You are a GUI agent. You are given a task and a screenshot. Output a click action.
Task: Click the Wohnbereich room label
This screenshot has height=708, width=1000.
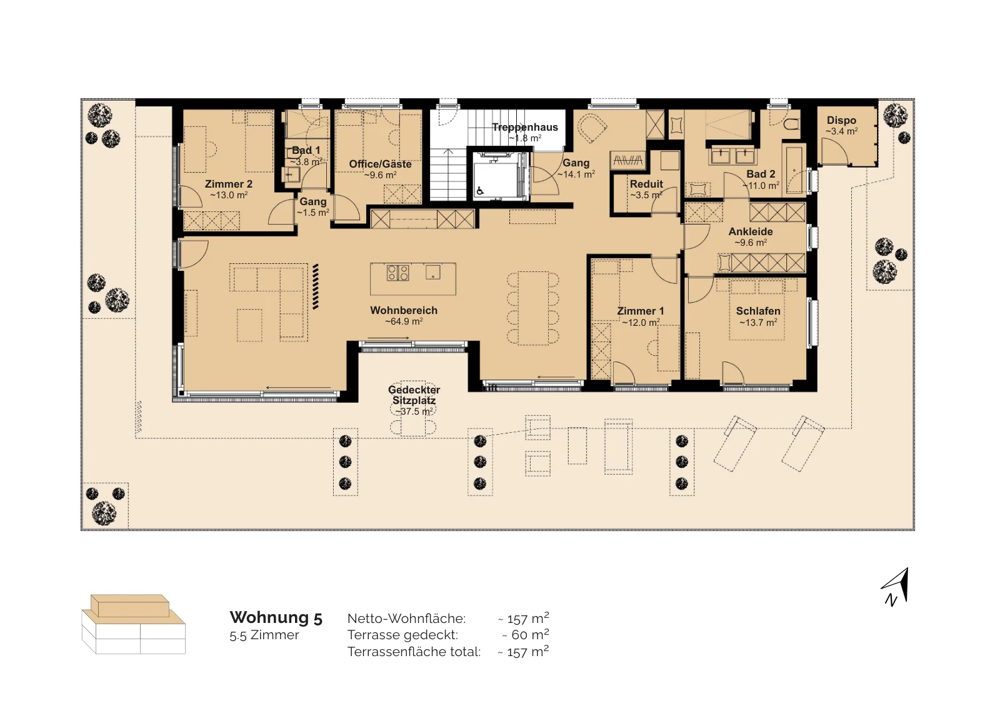pos(404,310)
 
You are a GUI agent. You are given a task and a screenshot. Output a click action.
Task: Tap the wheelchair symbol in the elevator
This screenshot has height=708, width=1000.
pos(480,191)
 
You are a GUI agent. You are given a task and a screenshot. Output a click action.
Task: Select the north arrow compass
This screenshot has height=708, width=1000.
pos(896,587)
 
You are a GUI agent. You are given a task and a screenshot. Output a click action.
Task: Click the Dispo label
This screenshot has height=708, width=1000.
pos(841,120)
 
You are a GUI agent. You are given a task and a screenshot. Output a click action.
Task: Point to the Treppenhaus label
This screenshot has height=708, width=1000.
pos(525,128)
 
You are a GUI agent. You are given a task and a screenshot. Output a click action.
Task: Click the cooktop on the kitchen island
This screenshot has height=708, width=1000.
pos(397,273)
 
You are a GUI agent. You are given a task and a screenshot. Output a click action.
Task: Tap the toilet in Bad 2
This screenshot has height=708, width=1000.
pos(792,124)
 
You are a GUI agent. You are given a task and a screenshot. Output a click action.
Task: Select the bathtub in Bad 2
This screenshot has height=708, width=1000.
pos(794,168)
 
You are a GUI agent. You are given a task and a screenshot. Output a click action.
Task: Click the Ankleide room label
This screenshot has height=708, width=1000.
pos(751,231)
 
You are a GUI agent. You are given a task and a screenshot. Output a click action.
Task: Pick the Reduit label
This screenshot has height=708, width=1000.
pos(646,184)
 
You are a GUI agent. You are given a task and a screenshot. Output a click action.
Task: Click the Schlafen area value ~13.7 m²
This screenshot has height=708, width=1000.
pos(758,323)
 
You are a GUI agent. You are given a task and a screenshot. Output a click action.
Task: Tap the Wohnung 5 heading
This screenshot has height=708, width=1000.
pos(276,617)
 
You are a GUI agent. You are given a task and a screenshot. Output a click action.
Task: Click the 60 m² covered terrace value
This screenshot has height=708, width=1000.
pos(525,634)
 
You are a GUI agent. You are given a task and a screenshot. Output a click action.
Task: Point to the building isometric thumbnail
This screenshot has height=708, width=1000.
pos(134,624)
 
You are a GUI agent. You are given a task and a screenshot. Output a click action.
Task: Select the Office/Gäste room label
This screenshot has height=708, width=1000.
pos(380,164)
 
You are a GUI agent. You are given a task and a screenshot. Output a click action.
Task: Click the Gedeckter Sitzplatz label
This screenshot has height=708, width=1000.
pos(414,395)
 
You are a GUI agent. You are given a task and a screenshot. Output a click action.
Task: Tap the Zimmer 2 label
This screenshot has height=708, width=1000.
pos(229,184)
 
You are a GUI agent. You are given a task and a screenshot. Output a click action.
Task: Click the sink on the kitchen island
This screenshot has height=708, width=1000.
pos(432,272)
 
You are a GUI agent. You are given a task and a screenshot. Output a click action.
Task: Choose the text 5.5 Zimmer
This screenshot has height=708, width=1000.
pos(264,635)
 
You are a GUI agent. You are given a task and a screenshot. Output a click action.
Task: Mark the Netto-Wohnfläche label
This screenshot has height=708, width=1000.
pos(406,619)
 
